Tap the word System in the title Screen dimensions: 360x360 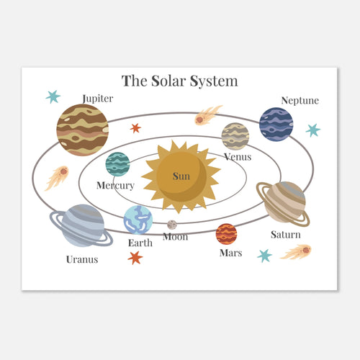pyautogui.click(x=214, y=81)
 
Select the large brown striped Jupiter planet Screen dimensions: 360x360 pyautogui.click(x=83, y=130)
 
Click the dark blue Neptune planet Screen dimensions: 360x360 pyautogui.click(x=276, y=125)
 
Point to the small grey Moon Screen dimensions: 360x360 pyautogui.click(x=172, y=225)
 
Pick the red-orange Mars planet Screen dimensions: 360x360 pyautogui.click(x=226, y=234)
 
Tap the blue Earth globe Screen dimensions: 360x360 pyautogui.click(x=138, y=220)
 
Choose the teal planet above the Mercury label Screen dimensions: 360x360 pyautogui.click(x=117, y=164)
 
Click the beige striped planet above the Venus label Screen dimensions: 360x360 pyautogui.click(x=235, y=136)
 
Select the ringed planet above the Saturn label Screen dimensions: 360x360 pyautogui.click(x=283, y=204)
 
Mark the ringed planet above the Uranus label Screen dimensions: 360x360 pyautogui.click(x=81, y=225)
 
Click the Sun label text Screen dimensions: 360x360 pyautogui.click(x=181, y=176)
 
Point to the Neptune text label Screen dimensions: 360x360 pyautogui.click(x=300, y=101)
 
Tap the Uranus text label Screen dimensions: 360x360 pyautogui.click(x=82, y=259)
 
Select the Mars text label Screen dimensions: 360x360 pyautogui.click(x=230, y=253)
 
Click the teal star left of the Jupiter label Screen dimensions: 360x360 pyautogui.click(x=53, y=96)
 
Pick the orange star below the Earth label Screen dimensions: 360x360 pyautogui.click(x=135, y=258)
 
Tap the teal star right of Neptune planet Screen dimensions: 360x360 pyautogui.click(x=313, y=130)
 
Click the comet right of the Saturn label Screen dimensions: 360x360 pyautogui.click(x=296, y=252)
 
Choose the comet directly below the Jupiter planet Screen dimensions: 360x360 pyautogui.click(x=57, y=178)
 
